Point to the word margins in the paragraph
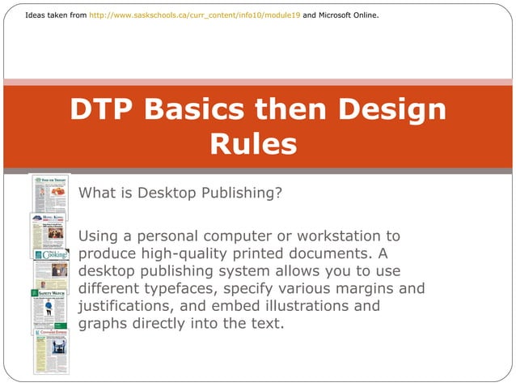pyautogui.click(x=361, y=287)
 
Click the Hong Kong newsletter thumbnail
pyautogui.click(x=48, y=236)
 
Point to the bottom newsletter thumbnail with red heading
pyautogui.click(x=52, y=351)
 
